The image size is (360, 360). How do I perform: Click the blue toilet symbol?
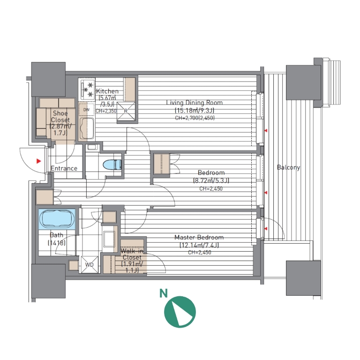(112, 165)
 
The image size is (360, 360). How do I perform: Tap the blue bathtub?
(57, 219)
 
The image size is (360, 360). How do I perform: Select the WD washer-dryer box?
(90, 264)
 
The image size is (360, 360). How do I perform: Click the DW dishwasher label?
(86, 110)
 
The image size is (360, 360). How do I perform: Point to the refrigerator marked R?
(126, 111)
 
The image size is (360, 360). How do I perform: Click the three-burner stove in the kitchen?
(87, 90)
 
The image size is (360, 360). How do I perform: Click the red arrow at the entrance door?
(38, 161)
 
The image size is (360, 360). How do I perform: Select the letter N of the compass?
(164, 293)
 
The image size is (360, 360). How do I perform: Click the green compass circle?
(180, 312)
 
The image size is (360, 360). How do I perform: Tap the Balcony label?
(288, 167)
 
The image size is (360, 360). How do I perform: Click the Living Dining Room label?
(195, 103)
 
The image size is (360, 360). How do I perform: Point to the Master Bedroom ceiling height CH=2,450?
(200, 253)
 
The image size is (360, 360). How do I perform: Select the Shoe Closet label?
(60, 116)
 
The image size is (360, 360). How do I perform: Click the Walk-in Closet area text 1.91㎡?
(132, 264)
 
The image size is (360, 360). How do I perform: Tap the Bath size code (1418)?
(56, 243)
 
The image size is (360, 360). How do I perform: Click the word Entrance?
(64, 168)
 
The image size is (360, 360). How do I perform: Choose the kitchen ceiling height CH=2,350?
(106, 111)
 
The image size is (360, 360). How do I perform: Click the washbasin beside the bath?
(109, 239)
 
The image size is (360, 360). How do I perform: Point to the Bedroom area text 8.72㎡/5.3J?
(211, 180)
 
